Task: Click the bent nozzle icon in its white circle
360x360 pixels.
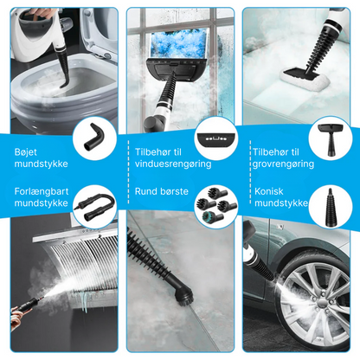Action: tap(93, 135)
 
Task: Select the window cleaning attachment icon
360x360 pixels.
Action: tap(212, 137)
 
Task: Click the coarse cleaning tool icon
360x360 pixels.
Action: tap(331, 136)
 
